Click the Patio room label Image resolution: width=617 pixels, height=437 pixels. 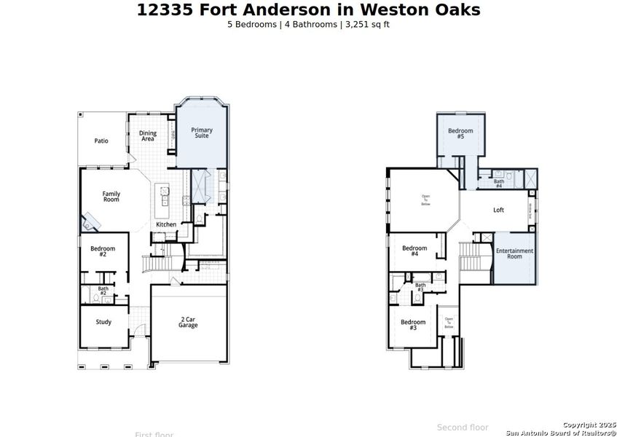[101, 141]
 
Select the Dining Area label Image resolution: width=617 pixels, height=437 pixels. [148, 136]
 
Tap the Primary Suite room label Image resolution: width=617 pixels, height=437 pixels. [202, 133]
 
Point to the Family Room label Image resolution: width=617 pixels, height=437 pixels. [111, 197]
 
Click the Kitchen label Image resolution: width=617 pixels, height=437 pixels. [166, 224]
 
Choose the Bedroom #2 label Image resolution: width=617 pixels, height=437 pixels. [103, 251]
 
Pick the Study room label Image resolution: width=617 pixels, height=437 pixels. [103, 321]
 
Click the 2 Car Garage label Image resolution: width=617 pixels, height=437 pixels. [188, 322]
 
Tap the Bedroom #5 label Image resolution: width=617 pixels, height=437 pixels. [460, 133]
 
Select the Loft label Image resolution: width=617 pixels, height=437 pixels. [498, 210]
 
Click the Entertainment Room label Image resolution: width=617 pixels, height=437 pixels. [514, 253]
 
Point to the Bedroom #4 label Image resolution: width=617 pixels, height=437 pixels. [414, 251]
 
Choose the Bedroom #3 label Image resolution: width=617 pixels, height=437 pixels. [413, 325]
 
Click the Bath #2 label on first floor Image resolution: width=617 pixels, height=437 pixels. [103, 291]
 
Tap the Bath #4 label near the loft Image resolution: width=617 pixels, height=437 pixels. [499, 184]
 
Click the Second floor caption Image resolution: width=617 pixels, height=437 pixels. [463, 428]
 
